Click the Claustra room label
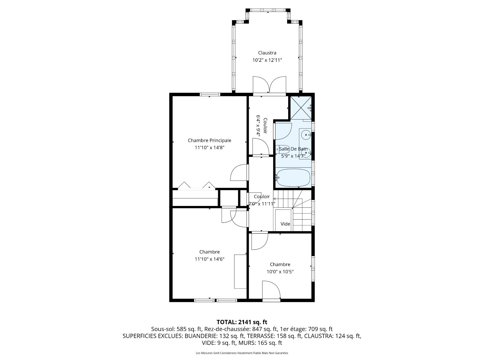(x=267, y=53)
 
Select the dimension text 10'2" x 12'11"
(x=267, y=60)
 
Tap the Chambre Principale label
(x=209, y=140)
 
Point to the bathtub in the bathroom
(x=293, y=177)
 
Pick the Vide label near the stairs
(x=285, y=224)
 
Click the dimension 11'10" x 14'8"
(x=209, y=147)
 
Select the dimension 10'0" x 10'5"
(x=280, y=272)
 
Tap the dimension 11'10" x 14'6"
(x=209, y=259)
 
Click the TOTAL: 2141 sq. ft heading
(x=242, y=322)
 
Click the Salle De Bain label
(x=293, y=149)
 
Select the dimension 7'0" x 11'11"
(x=262, y=204)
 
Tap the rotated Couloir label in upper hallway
(x=265, y=126)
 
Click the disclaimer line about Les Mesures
(x=242, y=353)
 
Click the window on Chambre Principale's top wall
(x=210, y=95)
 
